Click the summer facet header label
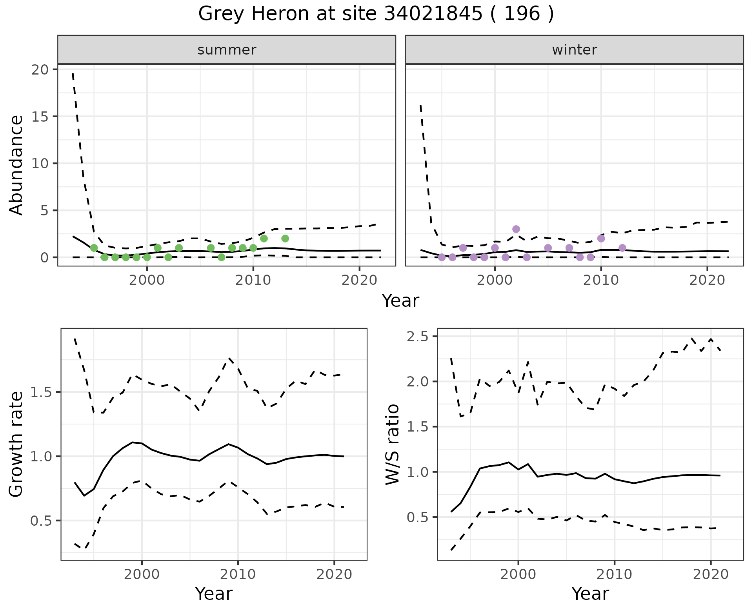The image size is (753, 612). tap(227, 50)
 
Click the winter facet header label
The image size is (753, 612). tap(574, 50)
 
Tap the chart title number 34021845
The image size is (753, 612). tap(433, 14)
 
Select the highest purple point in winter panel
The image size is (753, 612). tap(516, 229)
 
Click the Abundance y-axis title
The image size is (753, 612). tap(16, 165)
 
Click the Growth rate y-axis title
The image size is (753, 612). tap(16, 444)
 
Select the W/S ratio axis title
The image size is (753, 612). tap(392, 444)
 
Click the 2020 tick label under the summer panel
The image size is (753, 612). tap(359, 280)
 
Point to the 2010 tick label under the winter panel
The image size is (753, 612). tap(601, 280)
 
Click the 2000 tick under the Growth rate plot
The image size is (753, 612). tap(142, 574)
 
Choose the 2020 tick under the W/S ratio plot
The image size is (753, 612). tap(711, 574)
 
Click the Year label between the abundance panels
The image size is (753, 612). tap(400, 301)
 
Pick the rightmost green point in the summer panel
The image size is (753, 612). tap(285, 239)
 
